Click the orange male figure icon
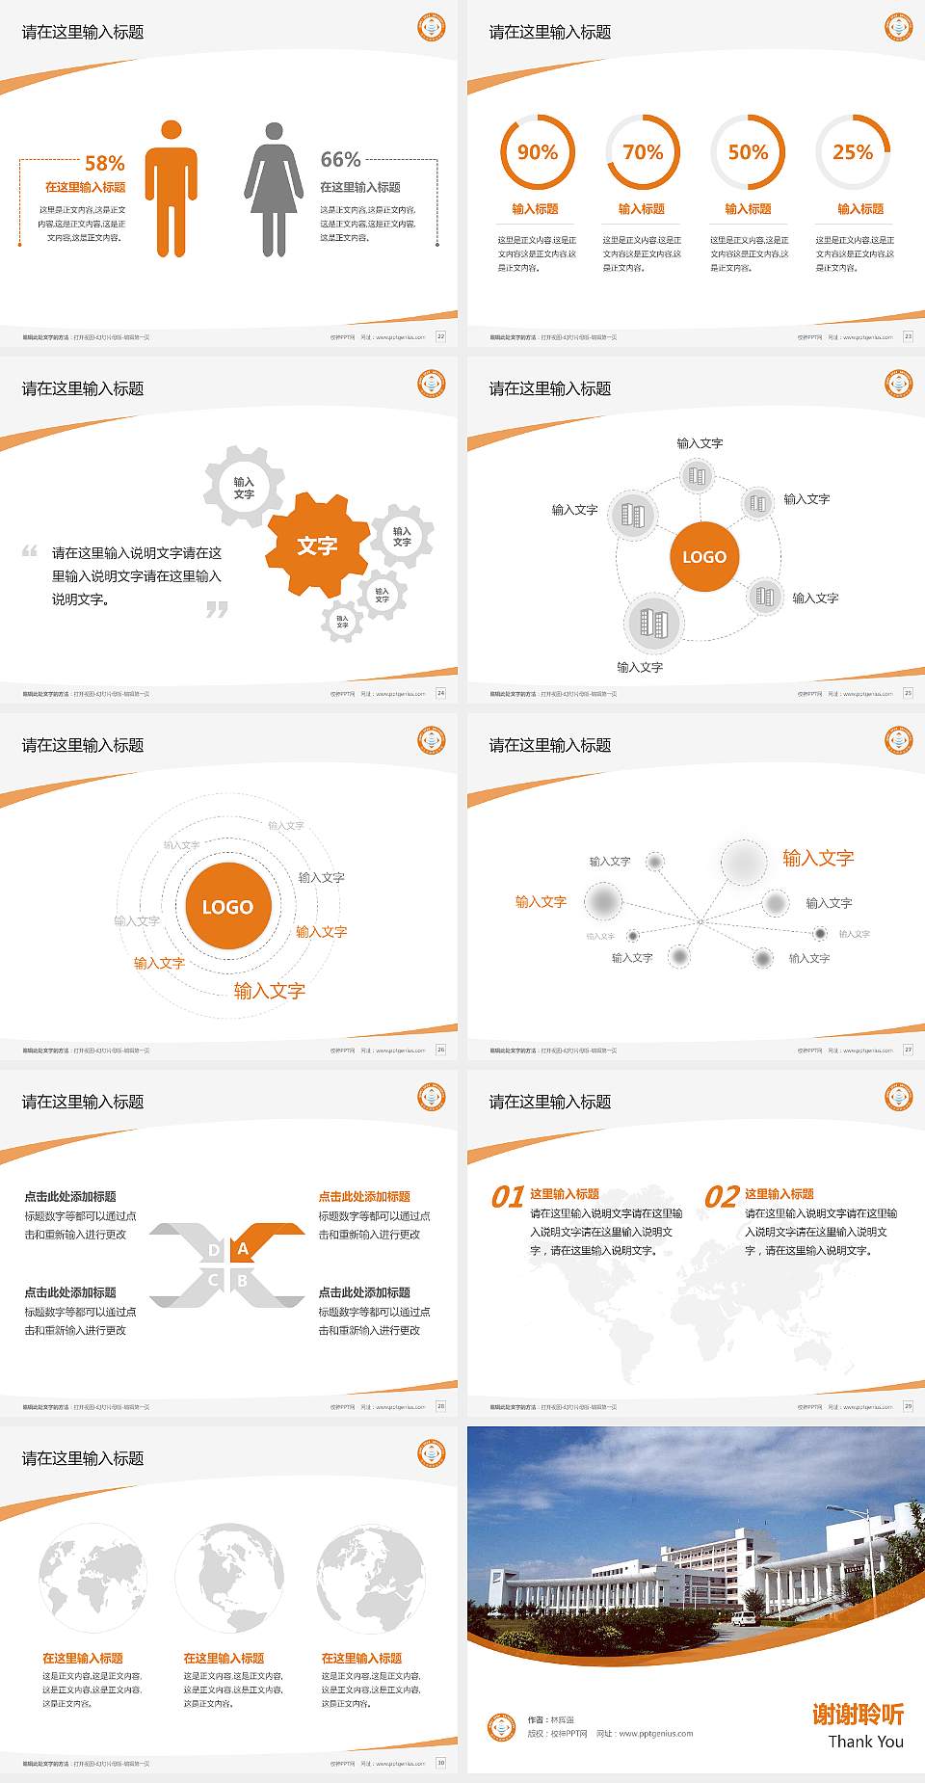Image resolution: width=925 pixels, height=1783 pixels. (x=172, y=190)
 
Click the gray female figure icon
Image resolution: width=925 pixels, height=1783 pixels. (x=274, y=190)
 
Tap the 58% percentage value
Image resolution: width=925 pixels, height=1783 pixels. (x=105, y=163)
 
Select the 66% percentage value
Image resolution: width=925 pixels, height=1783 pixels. (x=340, y=159)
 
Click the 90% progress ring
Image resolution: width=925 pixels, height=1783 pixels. (x=537, y=152)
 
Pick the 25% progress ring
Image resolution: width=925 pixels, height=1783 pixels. (x=853, y=152)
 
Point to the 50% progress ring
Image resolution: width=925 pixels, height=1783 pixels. (x=748, y=152)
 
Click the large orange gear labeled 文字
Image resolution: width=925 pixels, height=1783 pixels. (x=317, y=546)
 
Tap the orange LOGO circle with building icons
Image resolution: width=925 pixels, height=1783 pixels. (x=704, y=557)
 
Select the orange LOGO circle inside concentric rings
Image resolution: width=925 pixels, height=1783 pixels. (x=227, y=907)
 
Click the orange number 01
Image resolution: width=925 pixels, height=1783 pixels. (x=508, y=1197)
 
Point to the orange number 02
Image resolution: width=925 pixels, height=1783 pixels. (x=722, y=1197)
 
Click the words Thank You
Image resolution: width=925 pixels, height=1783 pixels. (x=865, y=1742)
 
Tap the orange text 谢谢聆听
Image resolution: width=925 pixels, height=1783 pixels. (x=858, y=1715)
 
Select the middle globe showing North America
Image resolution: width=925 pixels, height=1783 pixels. (x=229, y=1578)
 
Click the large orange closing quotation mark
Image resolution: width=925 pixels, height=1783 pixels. (x=218, y=609)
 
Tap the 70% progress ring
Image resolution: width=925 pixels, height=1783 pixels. (x=643, y=152)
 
